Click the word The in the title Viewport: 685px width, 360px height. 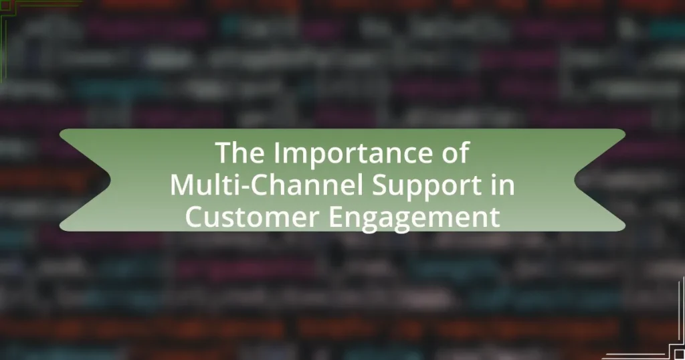click(x=240, y=153)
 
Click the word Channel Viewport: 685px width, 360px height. click(x=302, y=185)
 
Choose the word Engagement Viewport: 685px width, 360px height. click(x=414, y=218)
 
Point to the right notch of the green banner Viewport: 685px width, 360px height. click(x=575, y=179)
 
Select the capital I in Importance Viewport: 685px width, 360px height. click(x=278, y=153)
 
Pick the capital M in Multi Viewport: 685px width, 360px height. click(x=182, y=185)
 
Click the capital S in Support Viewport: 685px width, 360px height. click(x=380, y=185)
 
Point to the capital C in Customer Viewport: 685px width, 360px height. click(x=195, y=217)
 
